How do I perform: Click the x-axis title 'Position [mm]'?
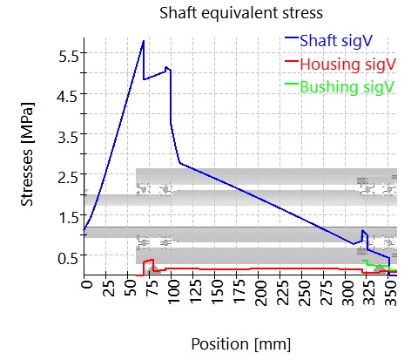241,343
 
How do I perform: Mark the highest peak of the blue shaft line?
144,41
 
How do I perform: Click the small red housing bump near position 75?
149,261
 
